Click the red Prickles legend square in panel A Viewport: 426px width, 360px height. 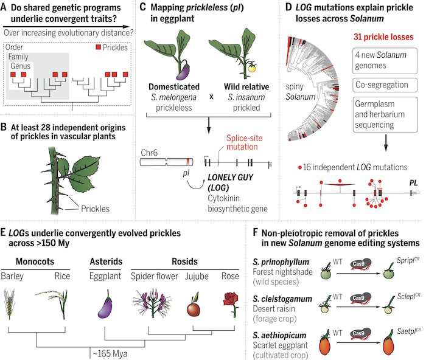pyautogui.click(x=99, y=47)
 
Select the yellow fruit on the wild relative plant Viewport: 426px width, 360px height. pyautogui.click(x=252, y=67)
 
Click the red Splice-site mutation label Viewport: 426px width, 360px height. pyautogui.click(x=244, y=142)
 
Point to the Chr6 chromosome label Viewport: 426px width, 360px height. pyautogui.click(x=149, y=153)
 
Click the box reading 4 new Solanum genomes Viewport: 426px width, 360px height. pyautogui.click(x=385, y=61)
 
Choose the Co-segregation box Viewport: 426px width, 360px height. pyautogui.click(x=385, y=85)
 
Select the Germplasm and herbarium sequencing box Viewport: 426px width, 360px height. pyautogui.click(x=385, y=114)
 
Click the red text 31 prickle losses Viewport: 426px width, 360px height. pyautogui.click(x=383, y=37)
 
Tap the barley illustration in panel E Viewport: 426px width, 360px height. pyautogui.click(x=9, y=304)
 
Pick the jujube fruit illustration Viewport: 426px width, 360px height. pyautogui.click(x=194, y=307)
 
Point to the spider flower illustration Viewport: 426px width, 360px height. pyautogui.click(x=152, y=303)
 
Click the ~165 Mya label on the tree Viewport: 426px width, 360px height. pyautogui.click(x=110, y=354)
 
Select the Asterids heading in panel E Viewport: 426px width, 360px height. pyautogui.click(x=106, y=261)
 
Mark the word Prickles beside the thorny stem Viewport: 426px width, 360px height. pyautogui.click(x=95, y=209)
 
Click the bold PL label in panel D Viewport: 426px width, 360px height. pyautogui.click(x=413, y=182)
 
